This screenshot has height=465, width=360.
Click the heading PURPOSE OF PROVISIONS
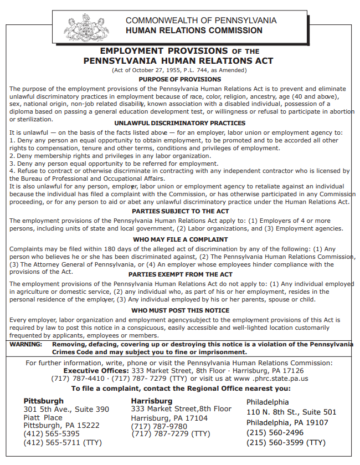[179, 79]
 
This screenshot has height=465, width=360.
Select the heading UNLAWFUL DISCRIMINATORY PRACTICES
[179, 123]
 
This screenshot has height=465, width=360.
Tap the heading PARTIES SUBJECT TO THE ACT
[179, 211]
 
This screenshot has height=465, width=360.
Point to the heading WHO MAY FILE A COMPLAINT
[179, 239]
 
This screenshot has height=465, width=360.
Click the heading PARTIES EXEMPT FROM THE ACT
[179, 274]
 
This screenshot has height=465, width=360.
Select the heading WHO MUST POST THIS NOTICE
[179, 310]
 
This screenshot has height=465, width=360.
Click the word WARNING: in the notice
[26, 344]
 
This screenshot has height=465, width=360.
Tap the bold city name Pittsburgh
[43, 401]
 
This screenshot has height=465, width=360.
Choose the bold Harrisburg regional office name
[151, 401]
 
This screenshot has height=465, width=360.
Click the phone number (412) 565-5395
[51, 433]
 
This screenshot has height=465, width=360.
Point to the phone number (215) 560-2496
[275, 432]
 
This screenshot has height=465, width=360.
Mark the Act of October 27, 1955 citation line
[179, 70]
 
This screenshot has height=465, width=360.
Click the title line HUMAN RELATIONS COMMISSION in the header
[194, 30]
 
